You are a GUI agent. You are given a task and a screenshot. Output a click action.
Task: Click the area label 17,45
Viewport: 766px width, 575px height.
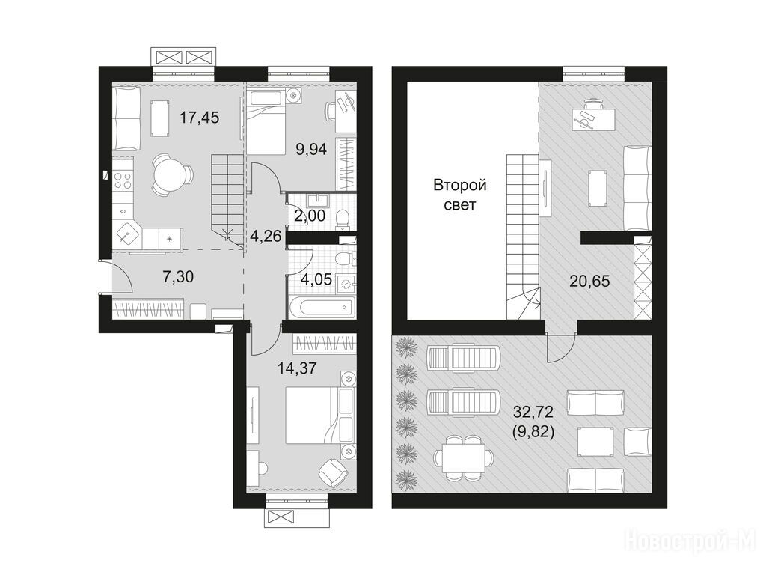pos(199,118)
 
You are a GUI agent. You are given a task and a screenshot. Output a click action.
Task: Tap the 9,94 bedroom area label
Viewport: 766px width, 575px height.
pos(311,149)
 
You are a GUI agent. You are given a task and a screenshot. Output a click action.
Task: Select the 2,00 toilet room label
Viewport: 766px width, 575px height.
pos(310,215)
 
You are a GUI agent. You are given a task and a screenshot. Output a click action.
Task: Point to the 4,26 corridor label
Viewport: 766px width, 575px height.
pos(266,236)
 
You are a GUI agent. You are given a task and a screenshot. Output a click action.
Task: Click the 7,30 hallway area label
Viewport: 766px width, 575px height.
pos(178,277)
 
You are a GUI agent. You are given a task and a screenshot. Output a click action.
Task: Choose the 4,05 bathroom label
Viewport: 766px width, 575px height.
pos(316,280)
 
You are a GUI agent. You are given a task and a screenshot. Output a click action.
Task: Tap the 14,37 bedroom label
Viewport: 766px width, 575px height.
pos(297,368)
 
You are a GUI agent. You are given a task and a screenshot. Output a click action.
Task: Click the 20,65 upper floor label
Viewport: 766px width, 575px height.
pos(589,282)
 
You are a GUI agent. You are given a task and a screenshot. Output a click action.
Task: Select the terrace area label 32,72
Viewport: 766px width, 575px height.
pos(533,413)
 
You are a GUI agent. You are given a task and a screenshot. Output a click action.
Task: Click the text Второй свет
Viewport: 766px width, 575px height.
pos(460,195)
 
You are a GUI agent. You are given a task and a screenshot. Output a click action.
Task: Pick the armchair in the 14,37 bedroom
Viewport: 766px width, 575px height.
pos(334,472)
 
